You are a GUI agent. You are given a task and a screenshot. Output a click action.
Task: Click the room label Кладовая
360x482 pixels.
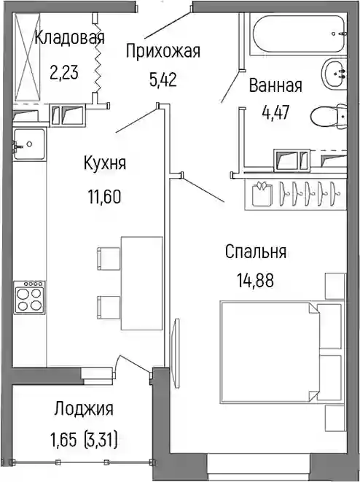coord(69,38)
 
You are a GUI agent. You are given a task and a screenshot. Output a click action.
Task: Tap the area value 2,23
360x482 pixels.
coord(64,72)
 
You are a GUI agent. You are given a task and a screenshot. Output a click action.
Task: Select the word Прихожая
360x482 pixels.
coord(163,51)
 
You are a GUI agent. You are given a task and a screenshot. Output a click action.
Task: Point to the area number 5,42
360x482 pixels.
coord(163,80)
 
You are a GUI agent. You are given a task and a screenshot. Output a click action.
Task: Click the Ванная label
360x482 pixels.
coord(275,85)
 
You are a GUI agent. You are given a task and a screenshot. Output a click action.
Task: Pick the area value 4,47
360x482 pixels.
coord(275,112)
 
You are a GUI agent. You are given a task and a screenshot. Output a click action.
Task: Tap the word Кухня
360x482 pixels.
coord(105,163)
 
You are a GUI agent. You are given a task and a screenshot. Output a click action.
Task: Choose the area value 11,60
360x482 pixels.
coord(105,197)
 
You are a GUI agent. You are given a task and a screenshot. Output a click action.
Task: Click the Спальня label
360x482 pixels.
coord(256,252)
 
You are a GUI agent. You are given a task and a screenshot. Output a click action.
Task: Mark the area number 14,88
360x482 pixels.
coord(255,280)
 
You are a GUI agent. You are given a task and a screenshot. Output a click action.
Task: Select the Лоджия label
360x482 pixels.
coord(84,409)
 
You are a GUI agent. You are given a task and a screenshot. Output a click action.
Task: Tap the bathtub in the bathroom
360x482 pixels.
coord(298,34)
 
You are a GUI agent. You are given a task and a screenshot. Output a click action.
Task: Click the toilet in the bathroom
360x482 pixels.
coord(329,117)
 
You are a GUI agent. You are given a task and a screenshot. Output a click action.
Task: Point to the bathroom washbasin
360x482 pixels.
coord(334,74)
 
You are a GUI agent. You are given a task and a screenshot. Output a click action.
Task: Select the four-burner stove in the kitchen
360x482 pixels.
coord(29,298)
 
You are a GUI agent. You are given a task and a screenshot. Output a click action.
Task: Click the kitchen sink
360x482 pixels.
coord(29,144)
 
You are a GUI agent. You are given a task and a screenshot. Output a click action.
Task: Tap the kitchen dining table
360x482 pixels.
coord(141,283)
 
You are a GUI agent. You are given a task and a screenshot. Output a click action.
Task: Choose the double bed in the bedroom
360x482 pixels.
coord(281,352)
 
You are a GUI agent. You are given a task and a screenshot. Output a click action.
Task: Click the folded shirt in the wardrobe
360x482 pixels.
coord(262,194)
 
